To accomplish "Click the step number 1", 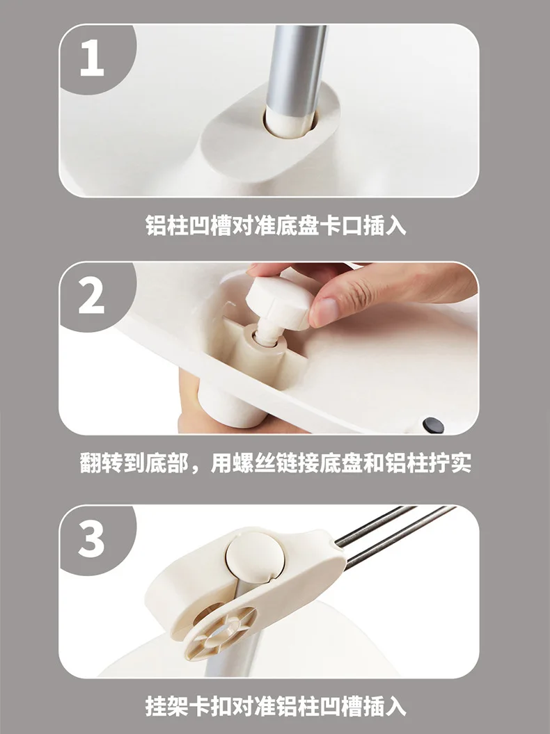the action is pyautogui.click(x=92, y=58).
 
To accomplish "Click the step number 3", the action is pyautogui.click(x=91, y=540).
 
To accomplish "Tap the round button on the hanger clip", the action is pyautogui.click(x=254, y=556).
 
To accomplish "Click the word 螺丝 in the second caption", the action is pyautogui.click(x=253, y=463).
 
